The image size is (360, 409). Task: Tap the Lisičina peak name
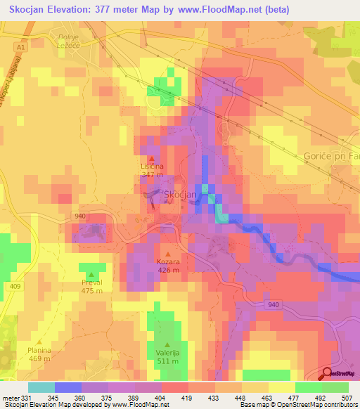tap(152, 166)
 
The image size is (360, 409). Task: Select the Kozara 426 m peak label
tap(168, 266)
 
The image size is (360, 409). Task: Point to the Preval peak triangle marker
tap(91, 274)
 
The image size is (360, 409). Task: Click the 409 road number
tap(15, 286)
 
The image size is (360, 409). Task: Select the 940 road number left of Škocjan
tap(79, 216)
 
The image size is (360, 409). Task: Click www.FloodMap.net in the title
tap(221, 11)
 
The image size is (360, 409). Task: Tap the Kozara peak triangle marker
tap(167, 253)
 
